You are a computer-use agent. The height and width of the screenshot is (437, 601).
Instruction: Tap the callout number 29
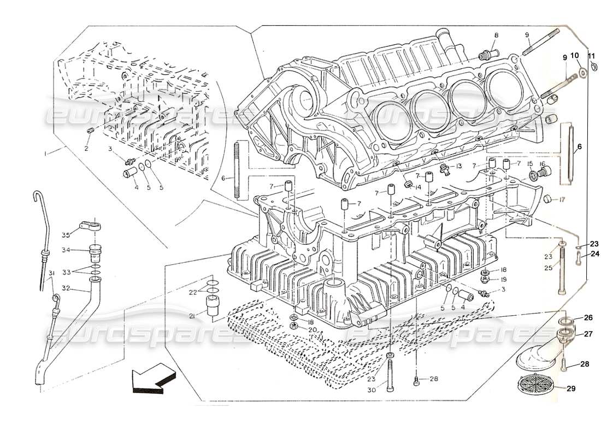(x=571, y=388)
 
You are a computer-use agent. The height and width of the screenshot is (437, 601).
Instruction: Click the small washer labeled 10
(x=583, y=72)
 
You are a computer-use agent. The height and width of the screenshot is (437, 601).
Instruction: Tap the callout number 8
(x=496, y=36)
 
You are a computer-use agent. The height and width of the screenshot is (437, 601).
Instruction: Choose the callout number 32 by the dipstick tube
(x=66, y=288)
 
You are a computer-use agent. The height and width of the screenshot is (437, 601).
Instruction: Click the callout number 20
(x=311, y=329)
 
